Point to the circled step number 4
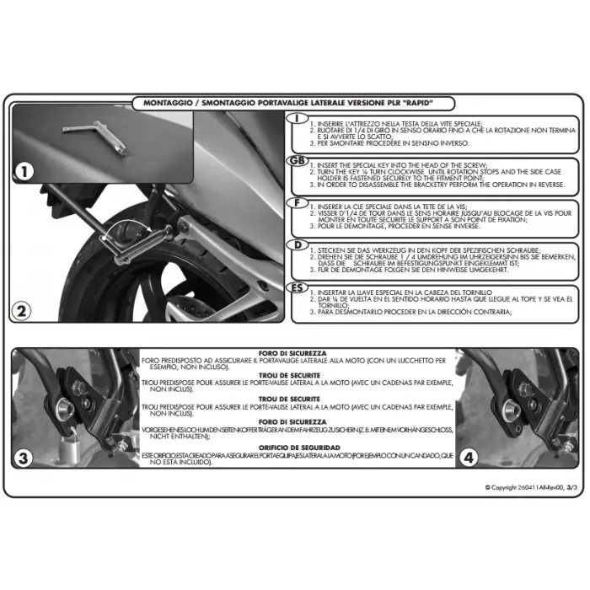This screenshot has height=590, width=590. [469, 459]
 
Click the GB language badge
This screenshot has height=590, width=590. [297, 161]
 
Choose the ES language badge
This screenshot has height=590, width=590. [297, 287]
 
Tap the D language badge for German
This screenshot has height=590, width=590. [297, 245]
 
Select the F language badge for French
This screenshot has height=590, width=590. [297, 203]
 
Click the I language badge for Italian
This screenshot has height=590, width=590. [297, 119]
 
